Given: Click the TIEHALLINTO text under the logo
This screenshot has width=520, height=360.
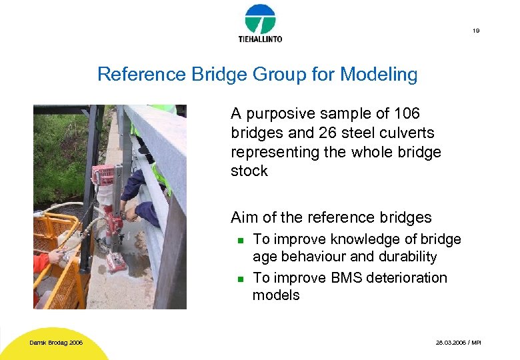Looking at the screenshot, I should coord(260,39).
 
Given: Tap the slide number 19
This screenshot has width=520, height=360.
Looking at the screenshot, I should coord(476,31).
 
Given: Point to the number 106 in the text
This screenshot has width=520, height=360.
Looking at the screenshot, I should coord(406,114).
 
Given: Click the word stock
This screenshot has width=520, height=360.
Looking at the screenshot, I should coord(249,171).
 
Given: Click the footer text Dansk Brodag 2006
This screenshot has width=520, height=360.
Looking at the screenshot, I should coord(56,343).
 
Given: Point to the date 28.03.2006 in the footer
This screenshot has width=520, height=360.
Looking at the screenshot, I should coord(448,343).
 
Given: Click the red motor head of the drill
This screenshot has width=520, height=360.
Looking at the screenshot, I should coord(104,175).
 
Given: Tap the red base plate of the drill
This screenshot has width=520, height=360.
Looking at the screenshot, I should coord(116,263).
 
